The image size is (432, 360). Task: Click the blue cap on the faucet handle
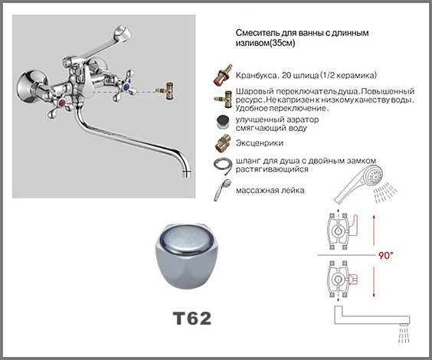126,87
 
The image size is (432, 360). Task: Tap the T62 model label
192,319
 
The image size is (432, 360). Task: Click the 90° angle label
386,255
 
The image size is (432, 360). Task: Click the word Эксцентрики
259,143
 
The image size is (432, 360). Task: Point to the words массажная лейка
270,190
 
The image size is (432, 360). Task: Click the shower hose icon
223,165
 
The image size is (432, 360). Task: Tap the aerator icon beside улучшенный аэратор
223,123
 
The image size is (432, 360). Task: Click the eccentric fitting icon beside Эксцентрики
223,143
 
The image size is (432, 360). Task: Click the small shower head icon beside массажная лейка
222,190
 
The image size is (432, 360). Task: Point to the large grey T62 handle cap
187,256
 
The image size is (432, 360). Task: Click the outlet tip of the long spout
187,174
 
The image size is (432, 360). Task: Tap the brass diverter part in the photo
166,91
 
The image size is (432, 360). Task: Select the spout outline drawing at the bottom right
372,316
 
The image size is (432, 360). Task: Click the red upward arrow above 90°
374,230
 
